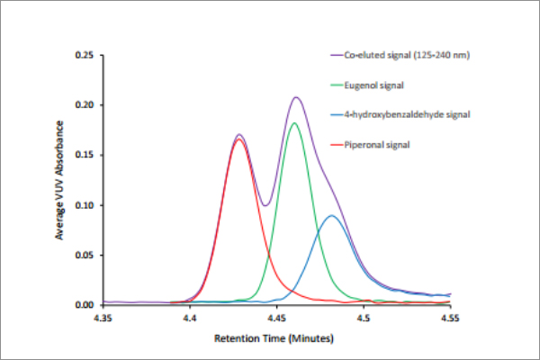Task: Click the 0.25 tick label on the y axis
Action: click(x=86, y=55)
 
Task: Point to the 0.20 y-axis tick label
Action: click(x=86, y=105)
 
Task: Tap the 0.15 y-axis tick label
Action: click(x=86, y=155)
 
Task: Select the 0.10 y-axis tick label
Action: click(x=86, y=205)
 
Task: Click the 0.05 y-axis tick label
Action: click(x=86, y=255)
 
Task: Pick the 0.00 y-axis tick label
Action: click(x=86, y=305)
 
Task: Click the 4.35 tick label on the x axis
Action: click(x=103, y=317)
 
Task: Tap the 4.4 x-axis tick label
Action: click(x=190, y=317)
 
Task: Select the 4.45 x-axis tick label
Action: click(x=276, y=317)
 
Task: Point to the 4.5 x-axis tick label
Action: click(x=364, y=317)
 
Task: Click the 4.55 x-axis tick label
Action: click(x=450, y=317)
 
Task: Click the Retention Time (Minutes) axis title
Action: click(x=274, y=339)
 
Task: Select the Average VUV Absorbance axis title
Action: click(x=60, y=181)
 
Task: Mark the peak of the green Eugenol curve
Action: click(x=294, y=123)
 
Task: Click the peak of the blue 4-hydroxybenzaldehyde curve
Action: click(x=332, y=216)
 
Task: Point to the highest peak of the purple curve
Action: click(x=295, y=97)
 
